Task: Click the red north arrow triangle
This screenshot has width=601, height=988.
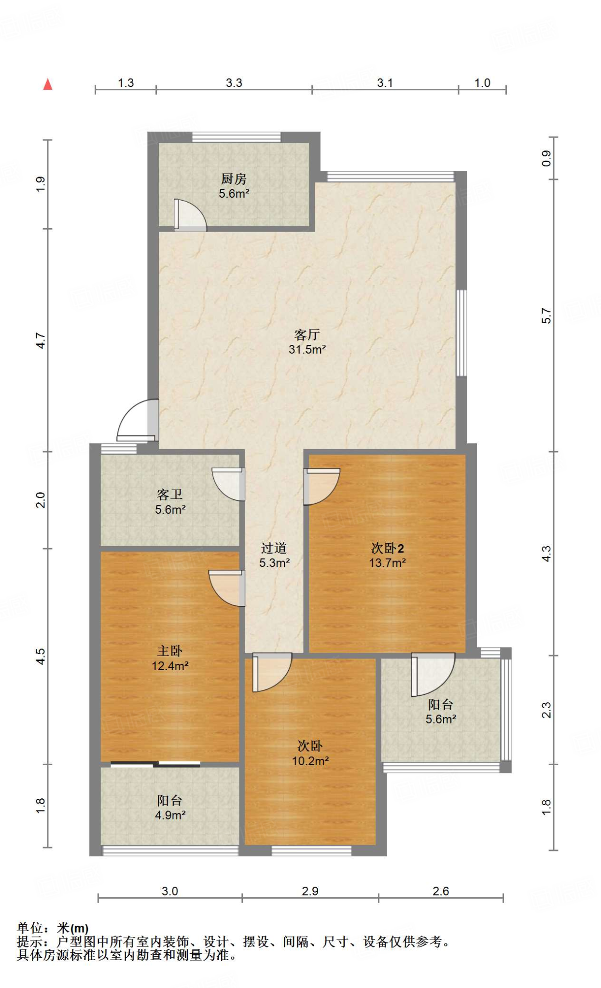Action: click(48, 84)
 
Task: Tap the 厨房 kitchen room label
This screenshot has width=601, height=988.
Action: click(234, 179)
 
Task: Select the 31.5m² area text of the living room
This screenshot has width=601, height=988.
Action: click(307, 349)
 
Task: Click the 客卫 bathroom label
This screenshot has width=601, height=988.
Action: click(169, 494)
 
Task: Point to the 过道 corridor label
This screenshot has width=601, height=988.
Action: click(274, 548)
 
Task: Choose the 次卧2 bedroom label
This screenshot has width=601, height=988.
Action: click(387, 548)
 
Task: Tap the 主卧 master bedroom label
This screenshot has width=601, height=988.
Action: click(169, 651)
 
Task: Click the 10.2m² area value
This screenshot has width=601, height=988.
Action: click(310, 761)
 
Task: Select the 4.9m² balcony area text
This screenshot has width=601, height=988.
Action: click(170, 815)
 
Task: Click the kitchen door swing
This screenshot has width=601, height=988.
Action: click(190, 215)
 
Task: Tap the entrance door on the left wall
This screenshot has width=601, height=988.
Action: click(138, 420)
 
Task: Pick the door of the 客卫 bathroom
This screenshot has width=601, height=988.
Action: click(228, 484)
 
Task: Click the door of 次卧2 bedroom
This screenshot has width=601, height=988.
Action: click(321, 487)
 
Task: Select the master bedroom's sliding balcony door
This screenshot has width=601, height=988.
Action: click(155, 764)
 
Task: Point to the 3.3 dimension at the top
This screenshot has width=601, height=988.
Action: click(234, 83)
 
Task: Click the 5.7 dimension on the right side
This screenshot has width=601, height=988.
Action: click(546, 316)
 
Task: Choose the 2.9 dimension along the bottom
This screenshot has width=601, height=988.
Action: click(310, 891)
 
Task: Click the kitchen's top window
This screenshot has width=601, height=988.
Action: click(237, 137)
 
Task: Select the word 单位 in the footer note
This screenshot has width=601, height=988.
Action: click(30, 928)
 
